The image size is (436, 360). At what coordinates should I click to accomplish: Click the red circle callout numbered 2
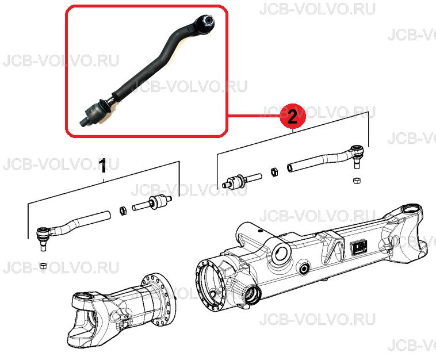(293, 117)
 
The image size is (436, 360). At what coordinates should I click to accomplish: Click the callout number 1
(102, 166)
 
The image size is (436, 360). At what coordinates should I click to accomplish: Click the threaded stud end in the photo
(83, 121)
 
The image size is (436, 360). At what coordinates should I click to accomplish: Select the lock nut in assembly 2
(274, 171)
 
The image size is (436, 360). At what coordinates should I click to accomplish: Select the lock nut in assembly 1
(123, 210)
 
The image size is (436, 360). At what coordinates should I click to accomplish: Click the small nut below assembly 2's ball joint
(357, 181)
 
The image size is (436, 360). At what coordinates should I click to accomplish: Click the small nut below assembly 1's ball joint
(43, 266)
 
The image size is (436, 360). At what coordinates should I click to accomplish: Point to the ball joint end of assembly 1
(43, 236)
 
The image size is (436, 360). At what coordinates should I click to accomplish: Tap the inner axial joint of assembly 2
(242, 181)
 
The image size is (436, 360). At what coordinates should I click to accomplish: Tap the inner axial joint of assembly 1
(152, 202)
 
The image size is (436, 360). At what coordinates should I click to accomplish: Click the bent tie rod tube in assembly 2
(320, 162)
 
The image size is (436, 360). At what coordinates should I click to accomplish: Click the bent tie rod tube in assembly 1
(81, 222)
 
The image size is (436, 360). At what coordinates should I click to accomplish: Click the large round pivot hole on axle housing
(281, 252)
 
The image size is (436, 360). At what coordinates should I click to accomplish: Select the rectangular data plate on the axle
(359, 247)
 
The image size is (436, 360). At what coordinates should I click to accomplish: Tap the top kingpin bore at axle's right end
(411, 209)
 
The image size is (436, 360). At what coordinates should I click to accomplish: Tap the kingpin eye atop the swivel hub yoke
(84, 296)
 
